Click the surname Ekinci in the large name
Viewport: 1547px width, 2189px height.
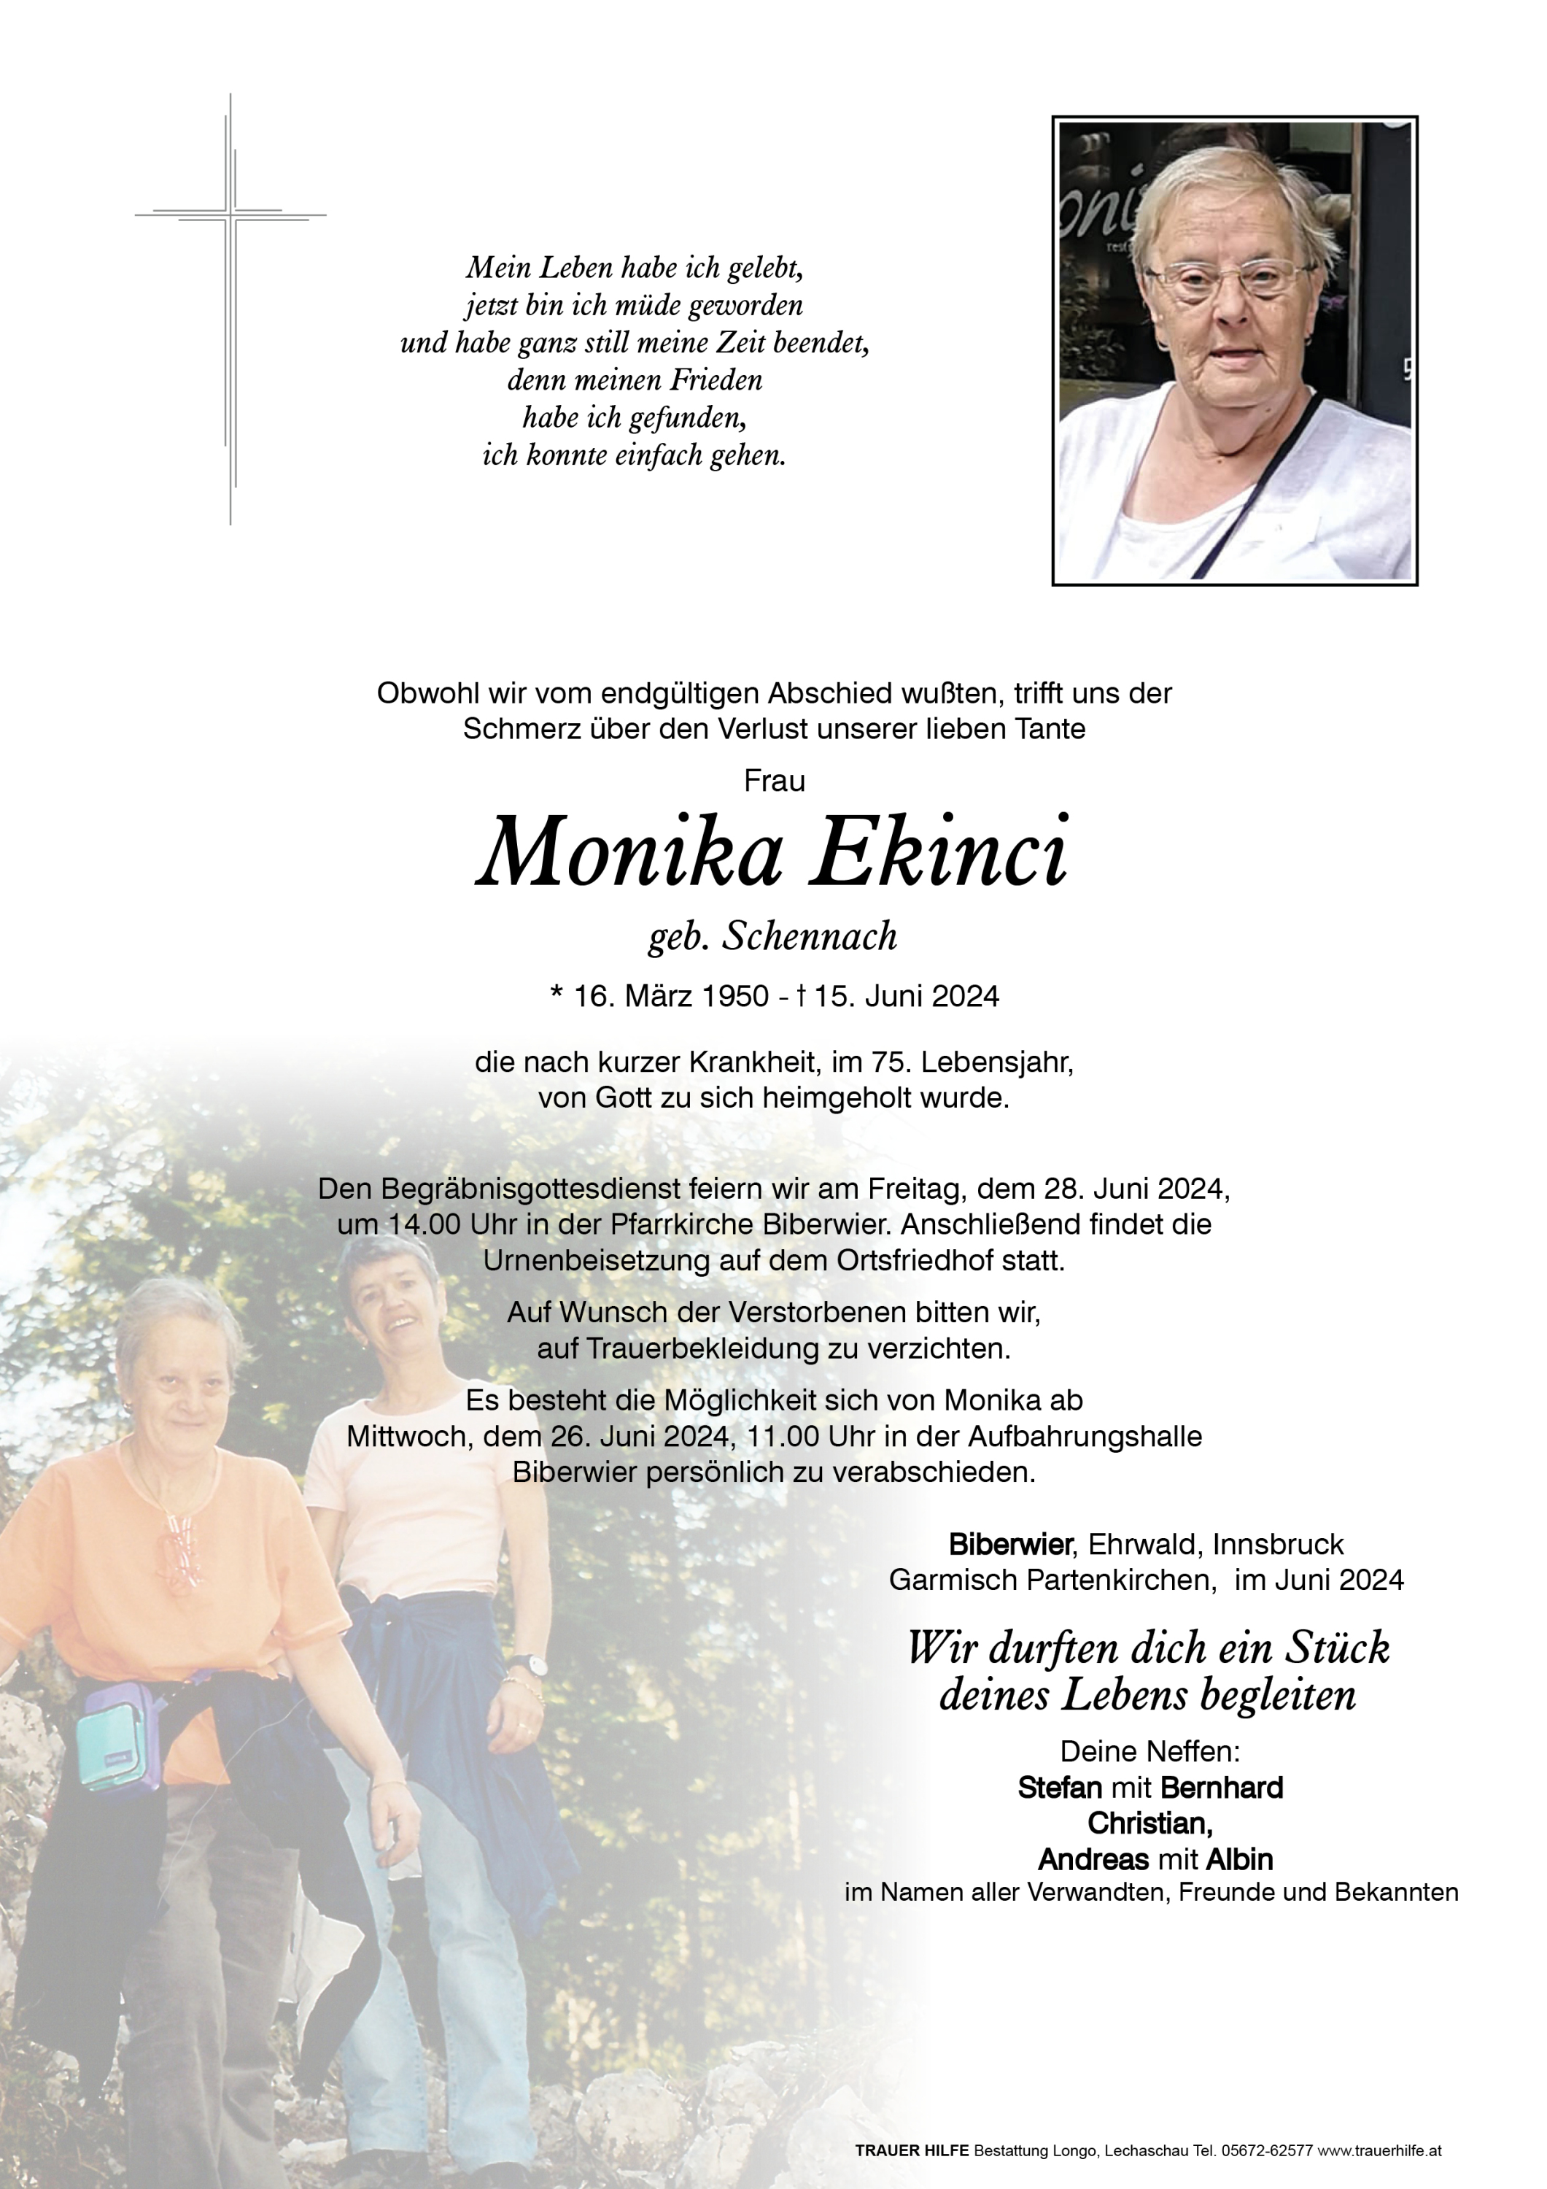[x=939, y=852]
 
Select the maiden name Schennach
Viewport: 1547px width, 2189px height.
[x=810, y=936]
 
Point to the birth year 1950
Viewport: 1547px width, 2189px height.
[x=734, y=996]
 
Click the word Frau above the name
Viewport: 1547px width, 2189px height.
[x=774, y=781]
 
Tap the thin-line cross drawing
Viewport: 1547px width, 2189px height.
[x=230, y=310]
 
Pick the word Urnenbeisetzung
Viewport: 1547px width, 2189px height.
[x=607, y=1260]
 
